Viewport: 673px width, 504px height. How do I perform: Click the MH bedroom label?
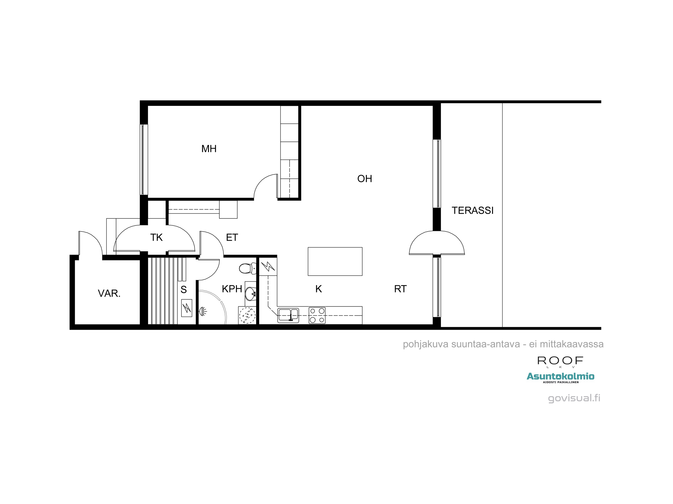coord(209,149)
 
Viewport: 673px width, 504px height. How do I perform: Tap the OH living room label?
coord(364,179)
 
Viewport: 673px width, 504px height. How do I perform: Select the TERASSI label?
coord(472,211)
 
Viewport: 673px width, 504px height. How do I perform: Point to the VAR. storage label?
coord(109,293)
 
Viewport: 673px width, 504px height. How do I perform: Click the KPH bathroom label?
coord(232,289)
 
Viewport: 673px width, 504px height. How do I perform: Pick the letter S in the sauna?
coord(184,290)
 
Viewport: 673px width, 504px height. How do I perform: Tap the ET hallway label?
coord(232,238)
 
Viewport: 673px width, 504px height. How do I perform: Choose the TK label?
coord(156,238)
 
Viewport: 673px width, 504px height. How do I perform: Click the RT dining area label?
coord(400,289)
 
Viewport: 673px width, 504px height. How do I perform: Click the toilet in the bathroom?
coord(247,268)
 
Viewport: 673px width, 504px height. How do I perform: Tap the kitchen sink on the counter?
coord(288,316)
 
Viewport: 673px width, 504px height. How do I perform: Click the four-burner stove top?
coord(317,316)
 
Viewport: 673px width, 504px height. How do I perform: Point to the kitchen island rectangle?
coord(335,261)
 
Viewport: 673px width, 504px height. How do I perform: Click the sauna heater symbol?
coord(186,308)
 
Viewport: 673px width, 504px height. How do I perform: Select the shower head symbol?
coord(203,312)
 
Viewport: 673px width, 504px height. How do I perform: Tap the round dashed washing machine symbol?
coord(247,316)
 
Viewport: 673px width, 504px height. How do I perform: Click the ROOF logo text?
coord(560,361)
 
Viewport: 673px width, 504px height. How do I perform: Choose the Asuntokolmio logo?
coord(560,376)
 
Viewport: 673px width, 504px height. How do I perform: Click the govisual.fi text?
coord(574,398)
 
